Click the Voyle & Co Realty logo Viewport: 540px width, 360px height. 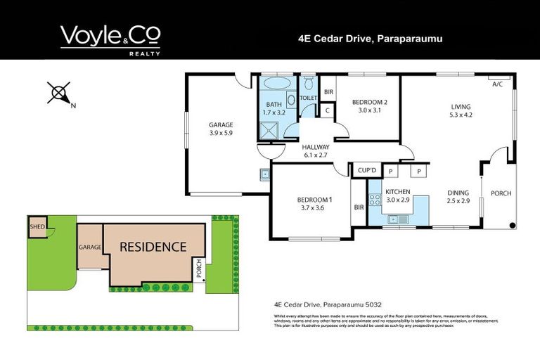[110, 39]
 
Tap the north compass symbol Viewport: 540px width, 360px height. [60, 93]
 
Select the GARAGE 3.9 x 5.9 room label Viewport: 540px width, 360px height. [221, 129]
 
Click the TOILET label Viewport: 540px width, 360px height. [308, 99]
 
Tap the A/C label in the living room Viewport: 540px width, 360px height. [497, 84]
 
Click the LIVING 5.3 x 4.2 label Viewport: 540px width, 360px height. [461, 111]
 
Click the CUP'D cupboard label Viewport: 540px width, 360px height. [367, 171]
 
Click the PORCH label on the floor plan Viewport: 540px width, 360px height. [501, 193]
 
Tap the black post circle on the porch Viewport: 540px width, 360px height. [512, 225]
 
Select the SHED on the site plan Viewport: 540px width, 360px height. [36, 226]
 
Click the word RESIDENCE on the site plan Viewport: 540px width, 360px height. [153, 247]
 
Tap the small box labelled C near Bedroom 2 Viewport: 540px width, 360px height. [328, 110]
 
